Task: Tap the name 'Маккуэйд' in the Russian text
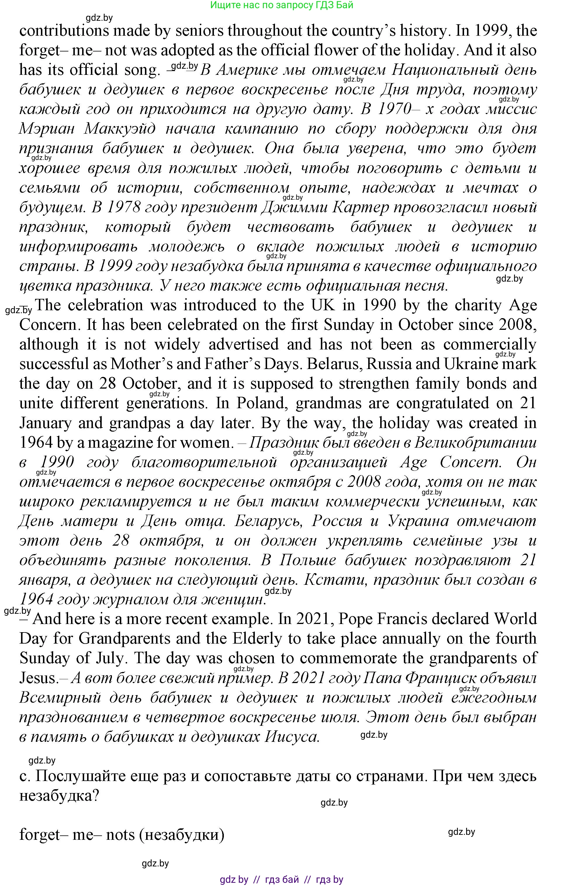pos(120,128)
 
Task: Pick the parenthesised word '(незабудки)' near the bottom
pos(182,834)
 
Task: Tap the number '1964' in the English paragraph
pos(36,443)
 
